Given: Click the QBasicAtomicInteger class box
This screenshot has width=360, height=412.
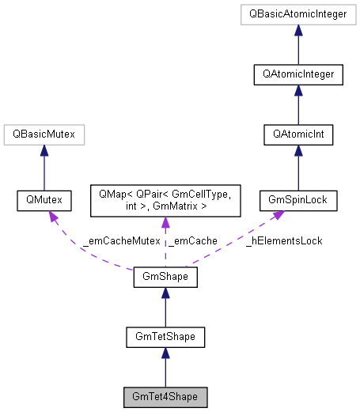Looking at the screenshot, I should (x=298, y=14).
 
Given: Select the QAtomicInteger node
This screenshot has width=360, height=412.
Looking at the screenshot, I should (x=298, y=75).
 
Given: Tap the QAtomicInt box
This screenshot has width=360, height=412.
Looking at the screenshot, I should (x=298, y=135).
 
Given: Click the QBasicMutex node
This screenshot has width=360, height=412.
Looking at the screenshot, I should (x=44, y=135).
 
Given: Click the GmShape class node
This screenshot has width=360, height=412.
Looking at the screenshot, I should (x=165, y=278).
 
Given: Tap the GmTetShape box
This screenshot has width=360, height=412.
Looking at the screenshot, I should (x=165, y=338).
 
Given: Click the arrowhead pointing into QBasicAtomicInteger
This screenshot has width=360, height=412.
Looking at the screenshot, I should (x=298, y=30).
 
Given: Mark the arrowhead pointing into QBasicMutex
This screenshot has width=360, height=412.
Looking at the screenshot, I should (x=44, y=151).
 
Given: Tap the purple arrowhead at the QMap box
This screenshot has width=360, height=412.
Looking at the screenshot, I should (x=165, y=223).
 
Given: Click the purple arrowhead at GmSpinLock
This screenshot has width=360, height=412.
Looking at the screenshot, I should (x=282, y=217).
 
